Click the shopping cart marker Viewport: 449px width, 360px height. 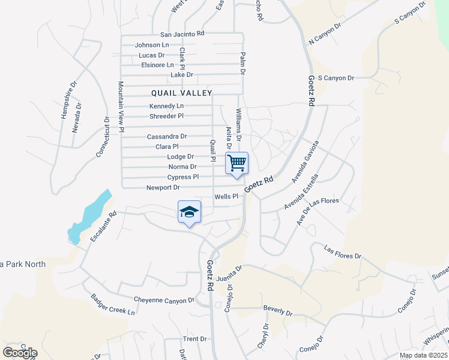[237, 162]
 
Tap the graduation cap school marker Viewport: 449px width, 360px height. [189, 212]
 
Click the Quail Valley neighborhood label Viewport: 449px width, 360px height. [181, 93]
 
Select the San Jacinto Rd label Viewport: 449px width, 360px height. [182, 34]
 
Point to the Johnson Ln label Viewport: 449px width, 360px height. [152, 45]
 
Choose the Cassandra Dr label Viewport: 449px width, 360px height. [167, 137]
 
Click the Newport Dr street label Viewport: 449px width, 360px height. [163, 188]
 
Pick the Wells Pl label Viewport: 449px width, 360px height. [231, 196]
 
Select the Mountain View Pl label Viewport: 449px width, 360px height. [121, 107]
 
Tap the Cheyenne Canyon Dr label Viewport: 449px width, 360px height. [164, 300]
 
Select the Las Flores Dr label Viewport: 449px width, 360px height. [343, 252]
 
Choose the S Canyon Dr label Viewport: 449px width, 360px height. [336, 78]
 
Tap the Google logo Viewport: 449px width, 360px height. [20, 353]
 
